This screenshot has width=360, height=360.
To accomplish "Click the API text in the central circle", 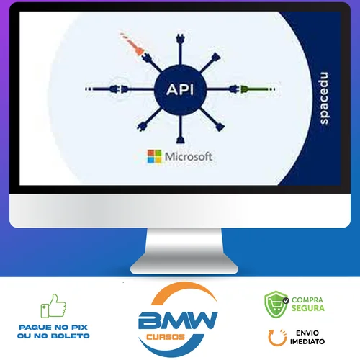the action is pyautogui.click(x=180, y=90).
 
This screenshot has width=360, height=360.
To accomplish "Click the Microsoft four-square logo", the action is pyautogui.click(x=154, y=156).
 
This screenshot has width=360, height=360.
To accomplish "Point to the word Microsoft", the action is pyautogui.click(x=189, y=157).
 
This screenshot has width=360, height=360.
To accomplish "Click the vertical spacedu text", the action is pyautogui.click(x=324, y=98).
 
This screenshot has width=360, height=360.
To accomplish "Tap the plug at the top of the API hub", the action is pyautogui.click(x=180, y=39).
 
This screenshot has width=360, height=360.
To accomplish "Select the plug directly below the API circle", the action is pyautogui.click(x=180, y=139).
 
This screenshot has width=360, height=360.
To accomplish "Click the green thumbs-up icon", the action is pyautogui.click(x=53, y=306).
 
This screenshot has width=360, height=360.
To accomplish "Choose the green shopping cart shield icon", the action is pyautogui.click(x=276, y=305).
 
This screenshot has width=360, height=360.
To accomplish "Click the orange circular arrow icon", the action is pyautogui.click(x=277, y=338).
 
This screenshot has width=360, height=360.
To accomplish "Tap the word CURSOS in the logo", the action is pyautogui.click(x=166, y=337).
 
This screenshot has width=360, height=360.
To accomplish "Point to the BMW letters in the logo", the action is pyautogui.click(x=178, y=320).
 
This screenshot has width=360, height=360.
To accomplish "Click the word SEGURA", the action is pyautogui.click(x=308, y=308).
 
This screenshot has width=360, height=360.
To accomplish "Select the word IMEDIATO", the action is pyautogui.click(x=307, y=341).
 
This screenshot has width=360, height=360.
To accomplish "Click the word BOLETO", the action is pyautogui.click(x=71, y=336).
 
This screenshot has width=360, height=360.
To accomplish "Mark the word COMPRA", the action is pyautogui.click(x=307, y=300).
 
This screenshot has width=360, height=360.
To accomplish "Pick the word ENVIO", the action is pyautogui.click(x=307, y=333).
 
